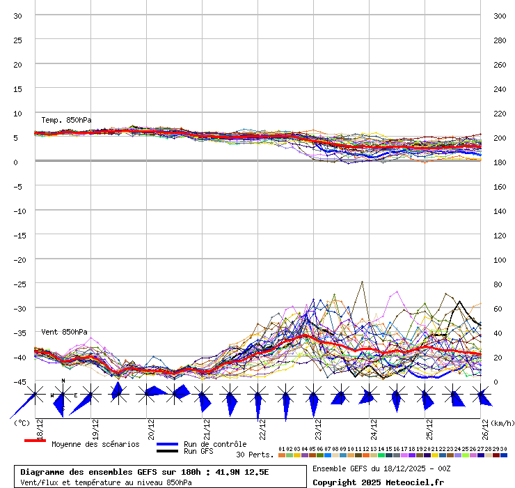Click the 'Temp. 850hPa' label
[66, 120]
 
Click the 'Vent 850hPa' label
[64, 332]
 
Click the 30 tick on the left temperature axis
[18, 15]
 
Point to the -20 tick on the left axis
[18, 259]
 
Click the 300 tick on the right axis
[499, 15]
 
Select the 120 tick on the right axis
[499, 235]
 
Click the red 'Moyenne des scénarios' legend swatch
[35, 441]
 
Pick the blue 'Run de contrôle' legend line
[167, 444]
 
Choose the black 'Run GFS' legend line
[167, 451]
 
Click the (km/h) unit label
[502, 422]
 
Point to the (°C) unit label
[22, 422]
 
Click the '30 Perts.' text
[255, 455]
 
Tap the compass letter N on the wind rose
[63, 381]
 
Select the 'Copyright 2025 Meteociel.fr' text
[378, 482]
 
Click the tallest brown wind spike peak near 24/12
[362, 282]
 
